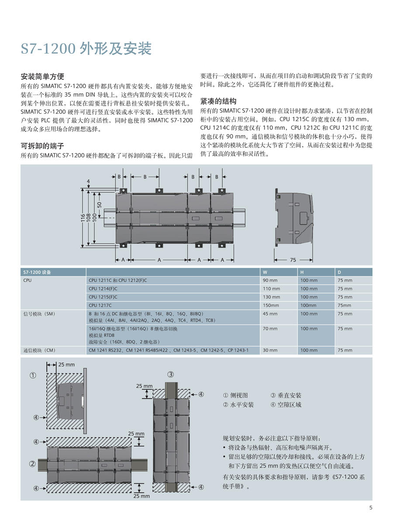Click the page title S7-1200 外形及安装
coord(86,49)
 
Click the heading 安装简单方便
coord(43,76)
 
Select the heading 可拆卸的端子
coord(43,146)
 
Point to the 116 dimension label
coord(83,217)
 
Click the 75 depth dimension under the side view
coord(293,260)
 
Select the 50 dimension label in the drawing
coord(100,204)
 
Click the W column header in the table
coord(265,272)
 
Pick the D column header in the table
coord(339,272)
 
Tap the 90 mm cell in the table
coord(270,280)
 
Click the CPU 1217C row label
coord(100,306)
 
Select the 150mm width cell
coord(270,306)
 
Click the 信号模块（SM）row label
coord(39,314)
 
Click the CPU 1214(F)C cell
coord(103,289)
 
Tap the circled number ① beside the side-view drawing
coord(33,375)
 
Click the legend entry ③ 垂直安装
coord(286,395)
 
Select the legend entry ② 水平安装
coord(238,405)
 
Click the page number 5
coord(371,507)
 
